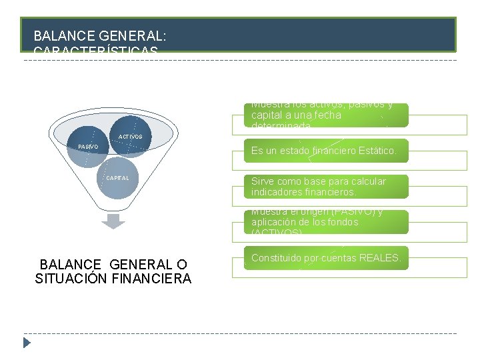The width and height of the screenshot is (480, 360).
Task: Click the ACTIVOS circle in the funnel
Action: [131, 136]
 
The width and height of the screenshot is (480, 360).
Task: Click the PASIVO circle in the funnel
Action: [87, 147]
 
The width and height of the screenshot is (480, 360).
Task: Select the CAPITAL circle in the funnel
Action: [117, 179]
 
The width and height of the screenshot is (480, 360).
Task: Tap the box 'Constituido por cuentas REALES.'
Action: [326, 258]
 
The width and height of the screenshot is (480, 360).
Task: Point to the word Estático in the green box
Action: [377, 151]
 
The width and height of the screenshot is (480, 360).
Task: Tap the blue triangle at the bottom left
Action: [27, 343]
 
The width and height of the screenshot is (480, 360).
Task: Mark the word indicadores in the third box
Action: [276, 193]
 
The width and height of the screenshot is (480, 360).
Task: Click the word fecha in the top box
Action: [327, 115]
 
